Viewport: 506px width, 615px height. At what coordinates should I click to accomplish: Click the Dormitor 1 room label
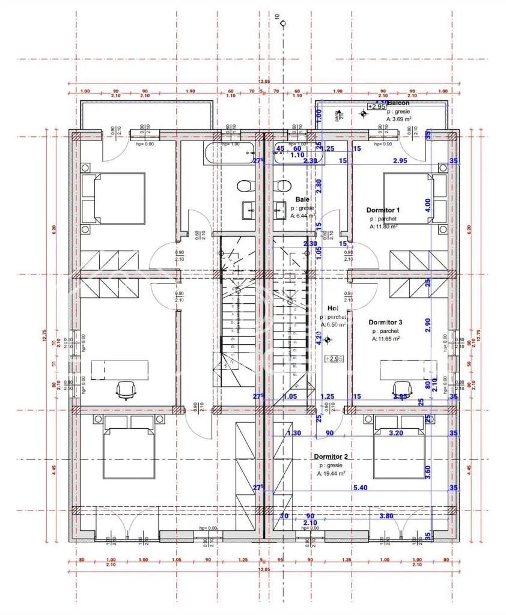point(383,210)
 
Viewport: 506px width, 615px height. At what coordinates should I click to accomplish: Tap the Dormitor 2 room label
point(331,456)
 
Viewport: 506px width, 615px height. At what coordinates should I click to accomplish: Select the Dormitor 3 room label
point(385,323)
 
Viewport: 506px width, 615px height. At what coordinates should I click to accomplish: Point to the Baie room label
point(302,199)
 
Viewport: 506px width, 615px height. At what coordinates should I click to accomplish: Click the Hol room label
point(334,307)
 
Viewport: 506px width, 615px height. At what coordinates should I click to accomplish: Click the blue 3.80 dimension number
point(387,515)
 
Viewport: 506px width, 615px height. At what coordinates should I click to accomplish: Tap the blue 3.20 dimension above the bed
point(396,432)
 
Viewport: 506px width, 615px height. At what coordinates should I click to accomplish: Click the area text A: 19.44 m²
point(331,473)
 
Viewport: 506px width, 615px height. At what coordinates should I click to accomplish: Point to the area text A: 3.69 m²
point(401,120)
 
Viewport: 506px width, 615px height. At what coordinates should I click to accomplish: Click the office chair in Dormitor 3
point(401,389)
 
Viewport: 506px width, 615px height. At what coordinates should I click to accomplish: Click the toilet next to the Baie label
point(278,186)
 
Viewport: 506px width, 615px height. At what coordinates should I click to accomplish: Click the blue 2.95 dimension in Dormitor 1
point(400,161)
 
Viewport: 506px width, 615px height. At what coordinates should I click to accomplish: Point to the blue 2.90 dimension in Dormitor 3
point(428,322)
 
